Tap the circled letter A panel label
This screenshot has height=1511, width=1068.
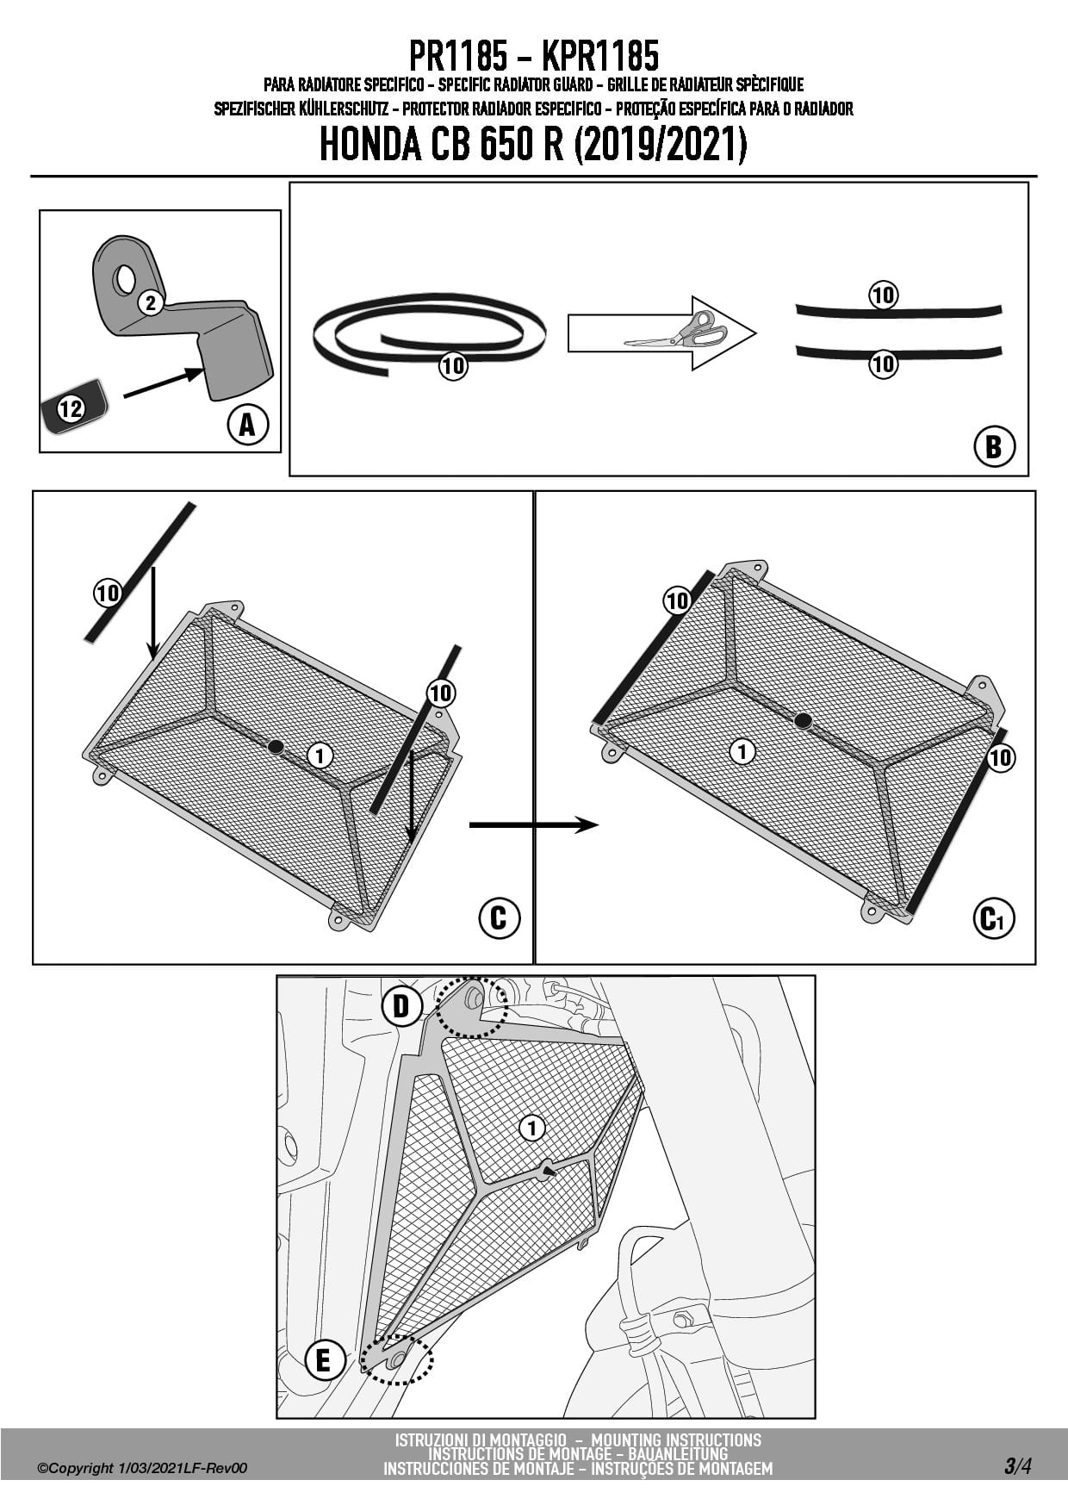[247, 424]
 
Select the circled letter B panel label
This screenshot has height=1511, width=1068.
[994, 446]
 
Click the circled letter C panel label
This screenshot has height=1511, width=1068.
[499, 918]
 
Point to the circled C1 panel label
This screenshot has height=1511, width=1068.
[993, 918]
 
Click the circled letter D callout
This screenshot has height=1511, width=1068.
[401, 1005]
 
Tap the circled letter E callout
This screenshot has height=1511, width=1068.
[324, 1360]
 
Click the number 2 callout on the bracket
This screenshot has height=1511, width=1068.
[151, 303]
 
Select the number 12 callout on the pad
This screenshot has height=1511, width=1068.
[71, 408]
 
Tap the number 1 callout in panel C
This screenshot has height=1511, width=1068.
[320, 756]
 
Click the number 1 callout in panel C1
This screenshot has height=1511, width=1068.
[742, 751]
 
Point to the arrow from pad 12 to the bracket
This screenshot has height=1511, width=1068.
[164, 383]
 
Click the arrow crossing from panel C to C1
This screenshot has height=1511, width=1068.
[534, 825]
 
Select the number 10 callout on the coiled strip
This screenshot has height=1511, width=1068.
[453, 366]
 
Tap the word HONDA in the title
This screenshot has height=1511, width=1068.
[370, 146]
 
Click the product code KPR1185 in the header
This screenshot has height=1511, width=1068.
[600, 57]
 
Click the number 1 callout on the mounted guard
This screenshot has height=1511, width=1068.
[532, 1128]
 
